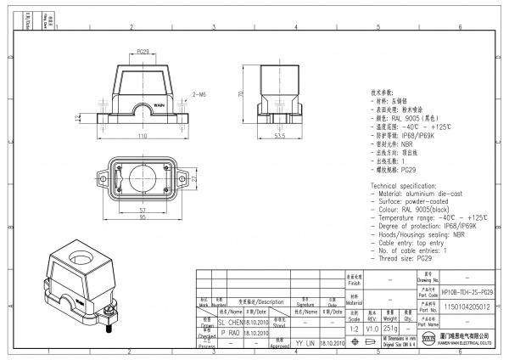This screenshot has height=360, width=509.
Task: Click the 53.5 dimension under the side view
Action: pyautogui.click(x=279, y=135)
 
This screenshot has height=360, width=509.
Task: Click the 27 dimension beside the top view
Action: pyautogui.click(x=193, y=179)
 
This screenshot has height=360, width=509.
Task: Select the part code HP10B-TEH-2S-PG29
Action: pyautogui.click(x=467, y=290)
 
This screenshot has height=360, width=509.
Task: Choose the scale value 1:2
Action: pyautogui.click(x=354, y=327)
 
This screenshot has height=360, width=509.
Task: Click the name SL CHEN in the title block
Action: pyautogui.click(x=231, y=323)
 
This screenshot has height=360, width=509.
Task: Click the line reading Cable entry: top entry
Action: pyautogui.click(x=416, y=242)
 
